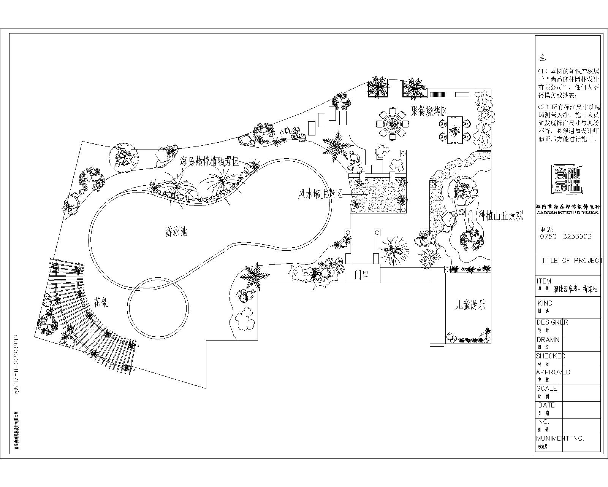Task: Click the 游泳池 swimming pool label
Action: [176, 231]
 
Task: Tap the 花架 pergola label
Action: [101, 303]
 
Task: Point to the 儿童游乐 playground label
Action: [470, 305]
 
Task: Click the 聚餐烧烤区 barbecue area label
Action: [429, 111]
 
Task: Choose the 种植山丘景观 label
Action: [501, 216]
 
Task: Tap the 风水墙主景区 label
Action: [320, 194]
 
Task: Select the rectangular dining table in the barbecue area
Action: [454, 130]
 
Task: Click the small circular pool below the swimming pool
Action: [158, 307]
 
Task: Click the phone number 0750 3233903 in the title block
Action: [565, 236]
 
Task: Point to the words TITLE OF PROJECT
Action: [572, 260]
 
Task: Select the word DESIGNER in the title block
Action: [552, 322]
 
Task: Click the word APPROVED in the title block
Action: [553, 372]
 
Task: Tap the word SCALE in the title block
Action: [546, 388]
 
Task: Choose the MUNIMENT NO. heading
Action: [560, 438]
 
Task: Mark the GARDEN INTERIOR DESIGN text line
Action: [568, 213]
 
